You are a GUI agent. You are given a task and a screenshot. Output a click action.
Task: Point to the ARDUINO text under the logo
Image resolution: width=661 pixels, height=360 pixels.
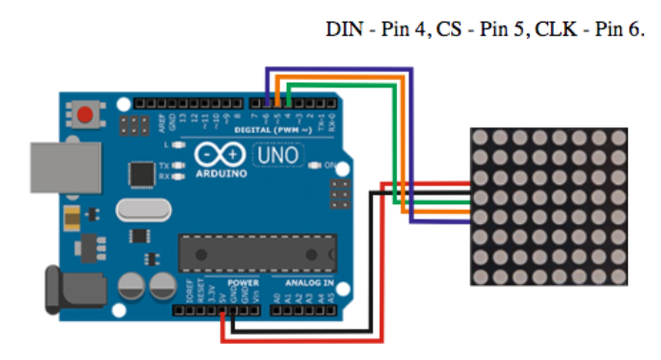220,174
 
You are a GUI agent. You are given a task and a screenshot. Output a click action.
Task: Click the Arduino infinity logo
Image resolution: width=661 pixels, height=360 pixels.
220,155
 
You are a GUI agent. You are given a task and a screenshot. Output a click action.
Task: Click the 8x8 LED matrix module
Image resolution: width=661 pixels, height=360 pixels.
548,205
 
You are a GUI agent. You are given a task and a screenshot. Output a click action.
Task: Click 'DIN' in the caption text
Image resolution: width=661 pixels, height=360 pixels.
341,28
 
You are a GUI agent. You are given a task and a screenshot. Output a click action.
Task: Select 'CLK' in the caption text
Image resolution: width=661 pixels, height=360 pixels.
552,28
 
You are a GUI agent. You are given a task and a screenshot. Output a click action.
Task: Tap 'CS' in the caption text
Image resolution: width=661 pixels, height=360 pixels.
448,28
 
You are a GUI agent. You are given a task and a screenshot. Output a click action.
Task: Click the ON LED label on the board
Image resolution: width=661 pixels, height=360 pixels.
330,165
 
